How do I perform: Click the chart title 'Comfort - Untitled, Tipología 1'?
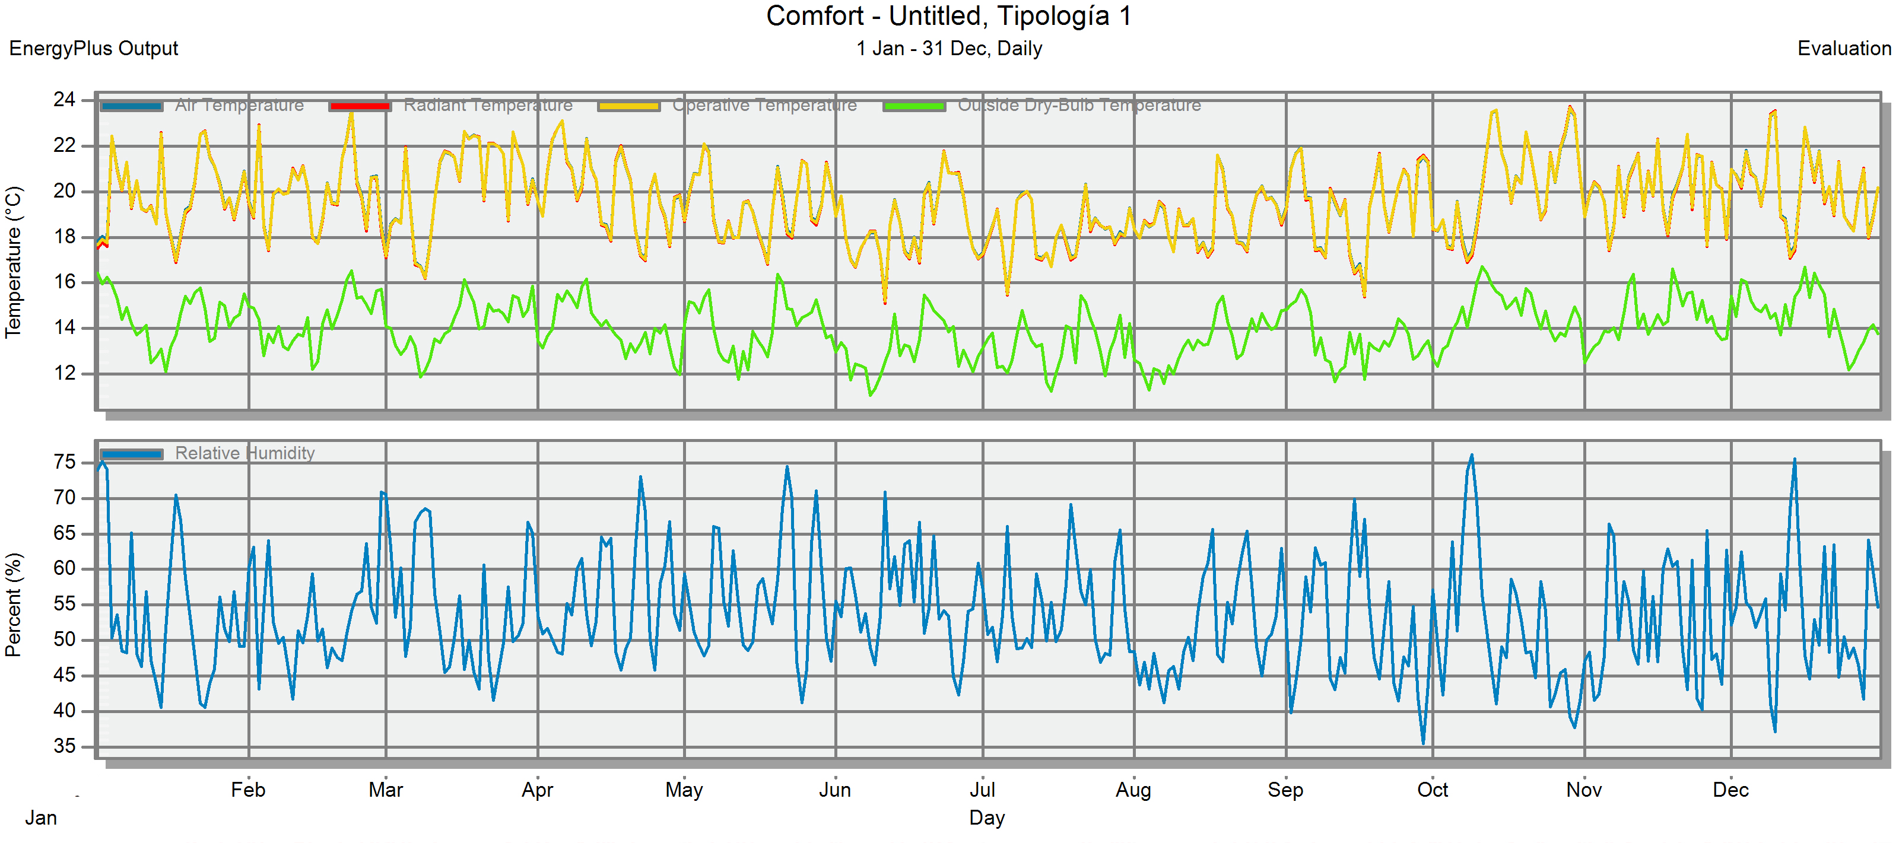pos(948,16)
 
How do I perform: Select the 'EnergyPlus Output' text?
pos(94,49)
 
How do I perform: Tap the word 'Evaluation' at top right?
pos(1844,49)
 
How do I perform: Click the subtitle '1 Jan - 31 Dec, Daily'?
pos(949,49)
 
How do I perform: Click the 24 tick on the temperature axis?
pos(65,100)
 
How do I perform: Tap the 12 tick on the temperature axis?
pos(65,373)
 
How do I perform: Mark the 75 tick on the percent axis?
pos(65,462)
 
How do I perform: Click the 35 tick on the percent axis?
pos(65,746)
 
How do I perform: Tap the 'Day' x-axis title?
pos(986,818)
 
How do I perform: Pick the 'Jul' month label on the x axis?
pos(982,790)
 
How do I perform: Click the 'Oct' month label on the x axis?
pos(1431,790)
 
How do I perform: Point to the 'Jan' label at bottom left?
pos(42,818)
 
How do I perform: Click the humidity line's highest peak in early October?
pos(1472,456)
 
